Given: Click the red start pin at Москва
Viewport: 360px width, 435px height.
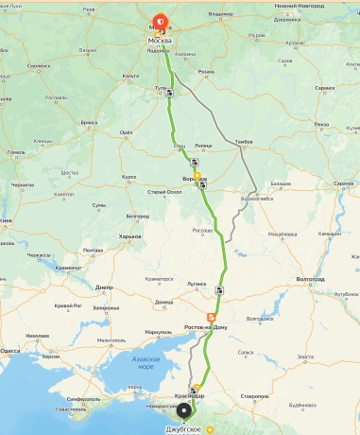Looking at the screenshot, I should (x=160, y=19).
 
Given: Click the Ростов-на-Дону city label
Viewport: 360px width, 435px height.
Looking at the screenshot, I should (x=206, y=327).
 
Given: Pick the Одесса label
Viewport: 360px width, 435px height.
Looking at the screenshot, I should (x=10, y=350).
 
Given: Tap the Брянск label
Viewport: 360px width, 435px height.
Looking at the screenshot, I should (x=90, y=122).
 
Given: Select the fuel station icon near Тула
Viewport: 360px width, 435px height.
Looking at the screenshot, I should (x=169, y=94).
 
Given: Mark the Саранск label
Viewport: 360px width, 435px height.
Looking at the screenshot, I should (x=325, y=87).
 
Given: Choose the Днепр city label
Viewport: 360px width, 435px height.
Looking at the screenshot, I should (x=104, y=287).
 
